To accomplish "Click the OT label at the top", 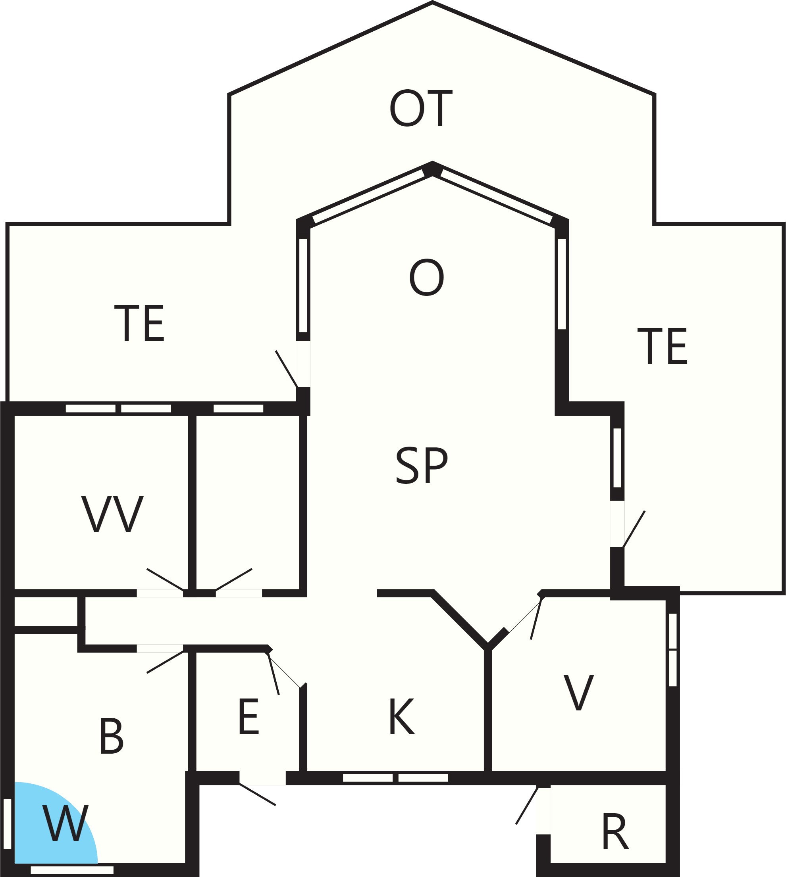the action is pos(421,108).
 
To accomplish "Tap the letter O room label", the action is pos(427,278).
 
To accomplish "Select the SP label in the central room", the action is pos(422,466).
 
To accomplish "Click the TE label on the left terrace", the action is pos(139,323).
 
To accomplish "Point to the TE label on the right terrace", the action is pos(662,346).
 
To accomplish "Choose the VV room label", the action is pos(112,514).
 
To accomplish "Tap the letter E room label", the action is pos(249,717).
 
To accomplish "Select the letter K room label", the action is pos(402,717).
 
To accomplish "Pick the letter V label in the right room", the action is pos(579,692).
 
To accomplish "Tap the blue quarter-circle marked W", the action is pos(52,827).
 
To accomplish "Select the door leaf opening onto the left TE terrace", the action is pos(287,369).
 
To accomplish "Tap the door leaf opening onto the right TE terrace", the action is pos(634,529).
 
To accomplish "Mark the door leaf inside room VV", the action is pos(166,580).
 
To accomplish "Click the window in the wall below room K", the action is pos(396,778).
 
